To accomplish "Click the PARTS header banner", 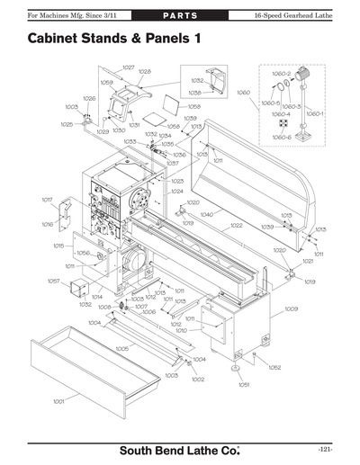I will pos(179,16).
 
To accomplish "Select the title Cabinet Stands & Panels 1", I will pos(114,40).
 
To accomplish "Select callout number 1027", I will pos(129,67).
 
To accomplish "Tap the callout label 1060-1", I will pos(314,114).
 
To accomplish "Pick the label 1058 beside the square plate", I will pos(193,106).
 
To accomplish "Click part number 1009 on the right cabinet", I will pos(291,309).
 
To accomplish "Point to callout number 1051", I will pos(243,384).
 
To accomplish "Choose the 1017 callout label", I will pos(47,199).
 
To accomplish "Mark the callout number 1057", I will pos(53,282).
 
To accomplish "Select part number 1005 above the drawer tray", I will pos(122,348).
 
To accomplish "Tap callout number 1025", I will pos(67,125).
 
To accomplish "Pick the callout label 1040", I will pos(206,215).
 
